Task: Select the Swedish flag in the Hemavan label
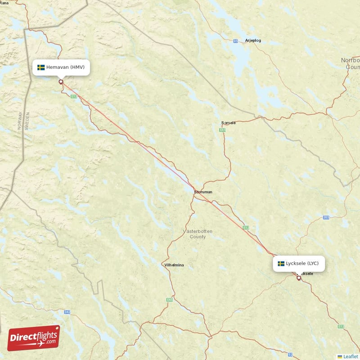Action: click(x=41, y=67)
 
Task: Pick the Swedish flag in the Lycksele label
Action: click(x=281, y=263)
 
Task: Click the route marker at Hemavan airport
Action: click(x=61, y=82)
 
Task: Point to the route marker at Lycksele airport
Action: click(x=298, y=278)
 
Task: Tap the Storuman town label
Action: click(x=203, y=192)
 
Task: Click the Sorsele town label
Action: click(x=229, y=122)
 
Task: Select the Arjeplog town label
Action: click(x=253, y=40)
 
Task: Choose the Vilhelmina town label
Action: click(x=174, y=265)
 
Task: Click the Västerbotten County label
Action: click(x=198, y=234)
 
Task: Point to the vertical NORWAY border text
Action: click(x=20, y=121)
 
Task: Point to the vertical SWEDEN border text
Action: click(x=27, y=121)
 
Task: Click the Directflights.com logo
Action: click(x=34, y=338)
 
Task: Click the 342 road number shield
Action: click(x=67, y=311)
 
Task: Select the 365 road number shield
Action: click(x=326, y=218)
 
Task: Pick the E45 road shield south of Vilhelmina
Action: click(x=169, y=300)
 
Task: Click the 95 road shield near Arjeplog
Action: click(x=236, y=41)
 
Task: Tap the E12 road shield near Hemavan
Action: click(x=74, y=96)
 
